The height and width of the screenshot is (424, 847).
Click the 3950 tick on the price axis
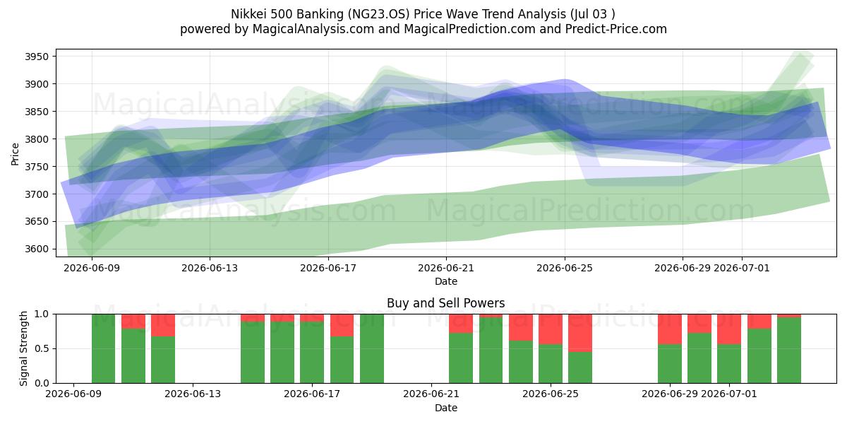pos(37,57)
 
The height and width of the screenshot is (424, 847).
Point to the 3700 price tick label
pos(37,194)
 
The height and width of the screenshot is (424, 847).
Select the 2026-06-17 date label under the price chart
pos(328,268)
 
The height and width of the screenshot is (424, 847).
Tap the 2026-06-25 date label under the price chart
pos(565,268)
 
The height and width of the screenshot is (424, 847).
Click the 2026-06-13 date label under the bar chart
pos(193,394)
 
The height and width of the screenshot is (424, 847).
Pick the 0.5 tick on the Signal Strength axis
pos(42,348)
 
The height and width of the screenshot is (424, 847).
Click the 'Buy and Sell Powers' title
pos(446,303)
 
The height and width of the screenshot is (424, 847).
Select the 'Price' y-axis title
pos(15,155)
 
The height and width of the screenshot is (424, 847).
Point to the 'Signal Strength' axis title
pos(23,348)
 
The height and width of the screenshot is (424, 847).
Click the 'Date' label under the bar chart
pos(446,408)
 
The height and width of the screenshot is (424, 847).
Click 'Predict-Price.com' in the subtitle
pos(616,29)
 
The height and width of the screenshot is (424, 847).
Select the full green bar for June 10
pos(103,348)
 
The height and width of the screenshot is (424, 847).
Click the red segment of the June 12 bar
pos(163,325)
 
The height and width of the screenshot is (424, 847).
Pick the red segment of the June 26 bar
pos(580,333)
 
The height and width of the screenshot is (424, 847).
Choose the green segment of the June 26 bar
pos(580,367)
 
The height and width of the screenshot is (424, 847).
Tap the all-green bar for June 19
pos(372,348)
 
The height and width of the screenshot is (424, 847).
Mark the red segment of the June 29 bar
pos(670,329)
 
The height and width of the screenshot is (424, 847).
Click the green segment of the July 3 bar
pos(789,351)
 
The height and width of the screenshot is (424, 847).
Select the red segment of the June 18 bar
pos(342,325)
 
